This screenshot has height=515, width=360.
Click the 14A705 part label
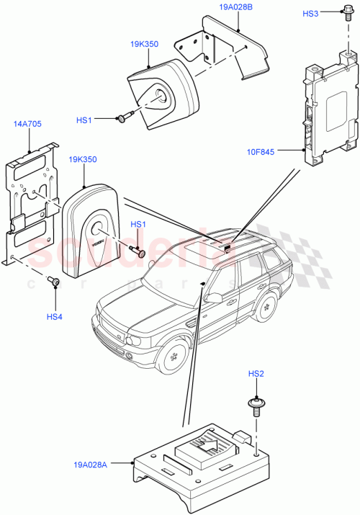pyautogui.click(x=27, y=124)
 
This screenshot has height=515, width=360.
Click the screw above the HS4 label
pyautogui.click(x=53, y=281)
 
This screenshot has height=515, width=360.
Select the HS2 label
pyautogui.click(x=256, y=374)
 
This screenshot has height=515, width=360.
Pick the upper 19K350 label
pyautogui.click(x=144, y=44)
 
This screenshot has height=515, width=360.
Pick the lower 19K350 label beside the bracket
pyautogui.click(x=84, y=159)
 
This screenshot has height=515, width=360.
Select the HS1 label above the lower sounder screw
pyautogui.click(x=138, y=225)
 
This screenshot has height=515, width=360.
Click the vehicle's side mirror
pyautogui.click(x=213, y=296)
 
